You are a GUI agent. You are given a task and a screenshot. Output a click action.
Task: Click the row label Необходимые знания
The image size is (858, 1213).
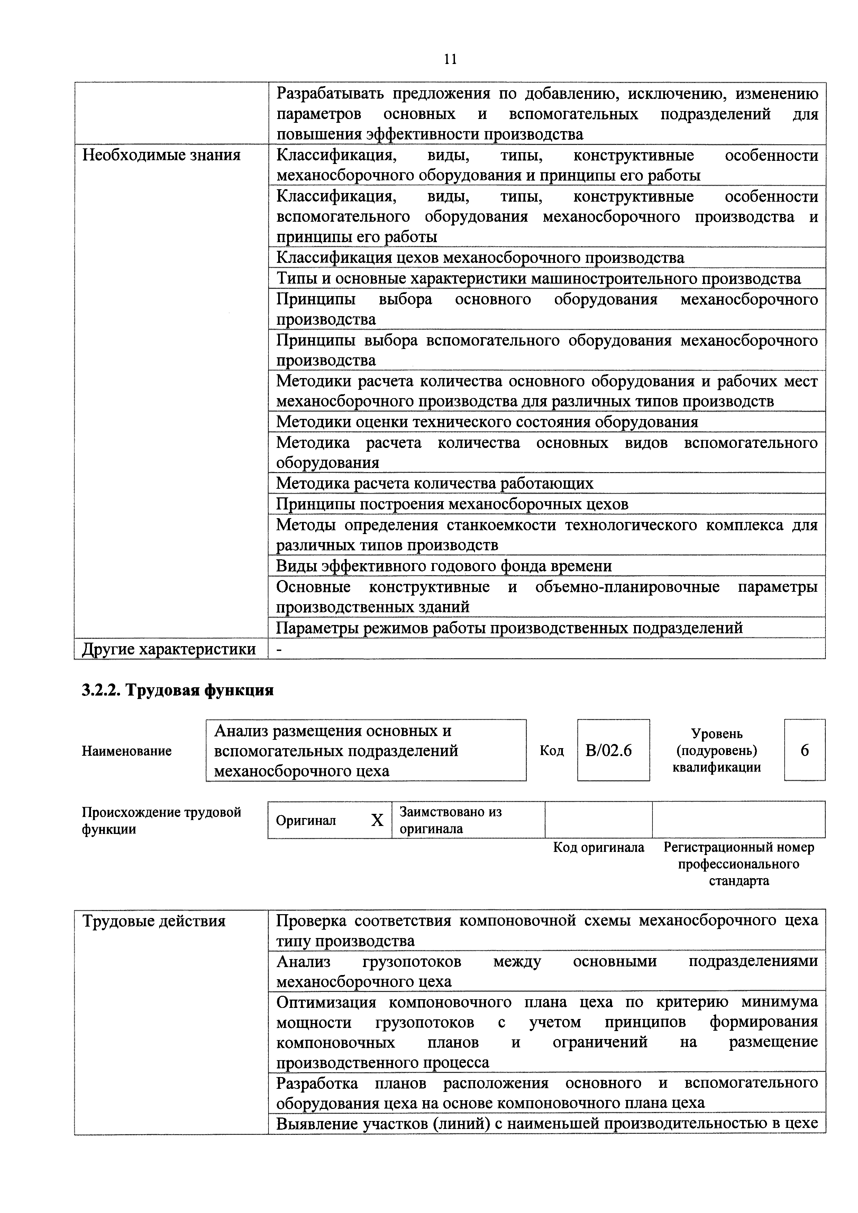[x=162, y=155]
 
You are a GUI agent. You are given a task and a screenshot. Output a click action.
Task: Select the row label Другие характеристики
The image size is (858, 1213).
[x=169, y=649]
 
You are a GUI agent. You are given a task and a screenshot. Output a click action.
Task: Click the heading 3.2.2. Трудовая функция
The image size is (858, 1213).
[x=177, y=690]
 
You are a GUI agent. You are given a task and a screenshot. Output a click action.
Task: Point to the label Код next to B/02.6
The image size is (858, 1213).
[x=551, y=751]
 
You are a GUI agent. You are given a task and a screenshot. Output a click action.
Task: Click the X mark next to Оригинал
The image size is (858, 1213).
[x=377, y=820]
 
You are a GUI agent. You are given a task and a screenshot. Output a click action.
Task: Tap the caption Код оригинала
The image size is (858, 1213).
[x=599, y=847]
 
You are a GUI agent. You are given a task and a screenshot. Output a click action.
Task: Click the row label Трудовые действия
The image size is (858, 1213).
[x=154, y=921]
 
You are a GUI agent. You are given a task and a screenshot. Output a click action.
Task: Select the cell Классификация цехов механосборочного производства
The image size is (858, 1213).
[x=480, y=258]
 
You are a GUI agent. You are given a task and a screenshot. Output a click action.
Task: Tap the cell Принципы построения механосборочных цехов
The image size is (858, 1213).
[x=452, y=504]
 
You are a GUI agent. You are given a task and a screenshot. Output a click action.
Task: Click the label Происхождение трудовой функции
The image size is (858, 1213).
[x=161, y=820]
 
